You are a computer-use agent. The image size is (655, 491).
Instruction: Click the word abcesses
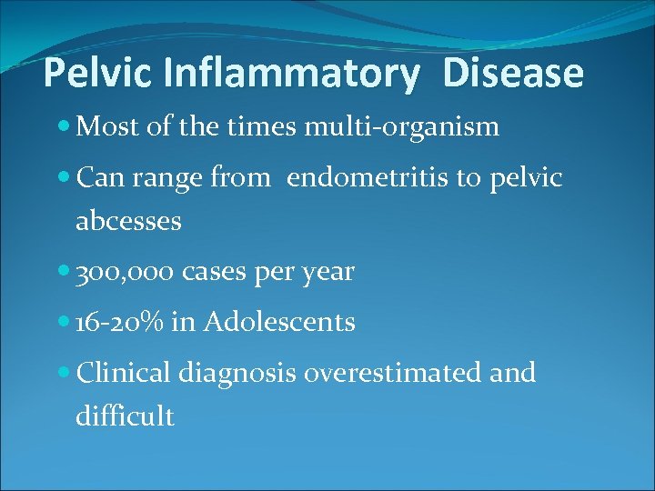pyautogui.click(x=128, y=221)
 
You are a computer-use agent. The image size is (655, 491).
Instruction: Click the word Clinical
pyautogui.click(x=125, y=373)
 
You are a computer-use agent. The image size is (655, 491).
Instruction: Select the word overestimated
pyautogui.click(x=388, y=373)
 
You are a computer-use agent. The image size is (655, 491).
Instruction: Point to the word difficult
pyautogui.click(x=125, y=416)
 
